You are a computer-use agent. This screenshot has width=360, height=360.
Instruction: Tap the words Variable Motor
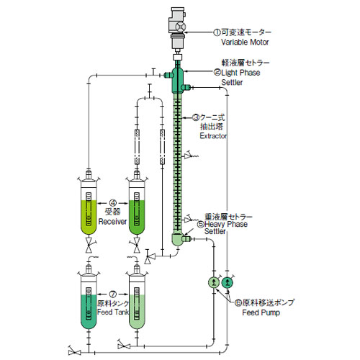pyautogui.click(x=245, y=42)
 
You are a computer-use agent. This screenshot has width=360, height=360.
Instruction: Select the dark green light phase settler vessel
pyautogui.click(x=177, y=80)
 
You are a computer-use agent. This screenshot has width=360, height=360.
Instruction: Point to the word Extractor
pyautogui.click(x=213, y=136)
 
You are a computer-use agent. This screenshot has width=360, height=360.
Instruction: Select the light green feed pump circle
pyautogui.click(x=214, y=282)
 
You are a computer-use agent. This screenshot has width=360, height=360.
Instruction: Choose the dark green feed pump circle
pyautogui.click(x=228, y=282)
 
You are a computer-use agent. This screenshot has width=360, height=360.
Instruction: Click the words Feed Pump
pyautogui.click(x=261, y=312)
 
